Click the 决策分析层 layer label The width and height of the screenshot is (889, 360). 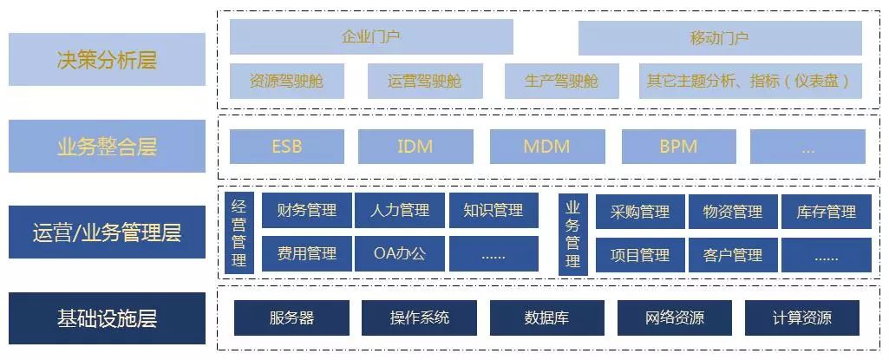click(107, 60)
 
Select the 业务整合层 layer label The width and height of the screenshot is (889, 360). click(107, 146)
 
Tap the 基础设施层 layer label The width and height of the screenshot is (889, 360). click(107, 318)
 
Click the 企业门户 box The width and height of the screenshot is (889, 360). click(371, 37)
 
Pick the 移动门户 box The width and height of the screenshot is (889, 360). click(720, 38)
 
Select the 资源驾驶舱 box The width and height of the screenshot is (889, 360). click(285, 82)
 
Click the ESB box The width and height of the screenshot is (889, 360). click(287, 147)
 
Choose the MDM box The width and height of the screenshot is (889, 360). click(546, 147)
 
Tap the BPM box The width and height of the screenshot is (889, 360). click(678, 147)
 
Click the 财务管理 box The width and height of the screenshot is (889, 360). click(307, 211)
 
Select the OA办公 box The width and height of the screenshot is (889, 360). click(400, 254)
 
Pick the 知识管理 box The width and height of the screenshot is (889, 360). click(494, 211)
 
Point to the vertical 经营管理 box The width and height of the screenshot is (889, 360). click(239, 233)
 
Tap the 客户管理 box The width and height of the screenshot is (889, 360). click(733, 255)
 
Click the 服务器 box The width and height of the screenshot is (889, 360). click(291, 317)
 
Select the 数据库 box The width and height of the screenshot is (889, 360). click(546, 317)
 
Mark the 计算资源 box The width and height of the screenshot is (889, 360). click(801, 317)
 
